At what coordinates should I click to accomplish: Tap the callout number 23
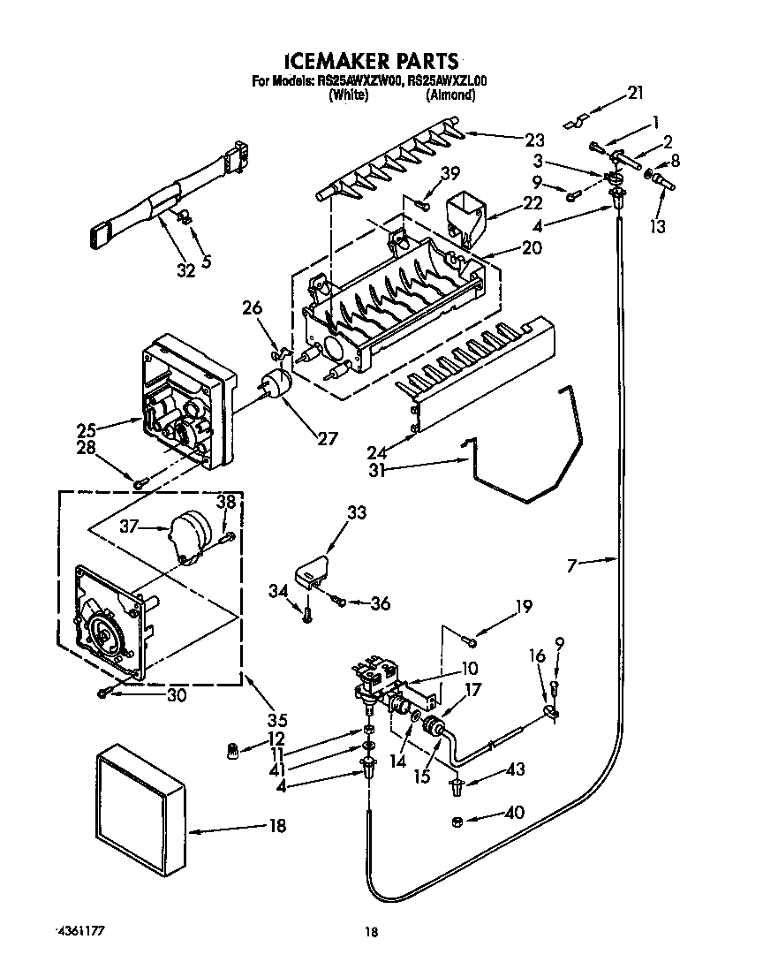point(534,139)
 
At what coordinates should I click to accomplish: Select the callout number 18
point(277,827)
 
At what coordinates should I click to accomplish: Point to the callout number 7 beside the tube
point(571,564)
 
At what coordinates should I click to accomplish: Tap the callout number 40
point(512,812)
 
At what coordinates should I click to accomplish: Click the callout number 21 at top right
point(635,92)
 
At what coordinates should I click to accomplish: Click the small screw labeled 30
point(104,693)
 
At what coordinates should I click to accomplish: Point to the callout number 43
point(515,770)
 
